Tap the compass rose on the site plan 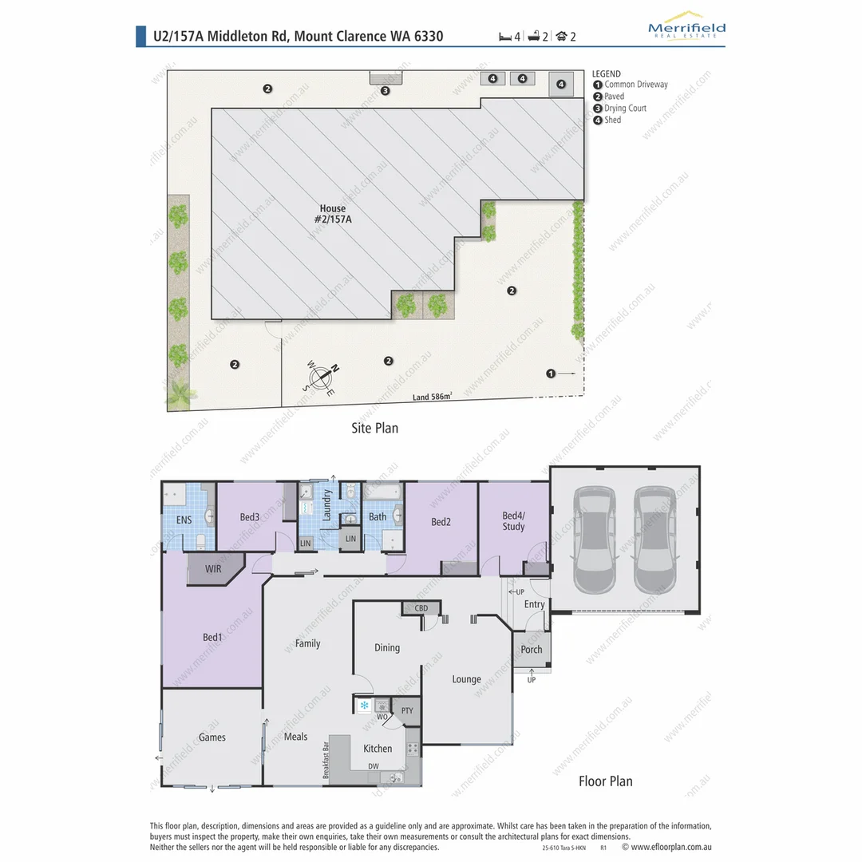321,378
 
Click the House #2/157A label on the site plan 333,213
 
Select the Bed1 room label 212,638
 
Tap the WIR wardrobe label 213,569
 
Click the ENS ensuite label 184,520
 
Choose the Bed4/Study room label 513,521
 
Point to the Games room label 212,737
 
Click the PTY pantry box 407,711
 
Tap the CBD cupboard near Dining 421,608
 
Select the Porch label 532,650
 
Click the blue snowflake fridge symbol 364,706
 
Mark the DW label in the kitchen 373,766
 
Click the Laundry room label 326,505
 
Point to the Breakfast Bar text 326,761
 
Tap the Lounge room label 466,679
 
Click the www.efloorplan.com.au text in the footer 671,847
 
